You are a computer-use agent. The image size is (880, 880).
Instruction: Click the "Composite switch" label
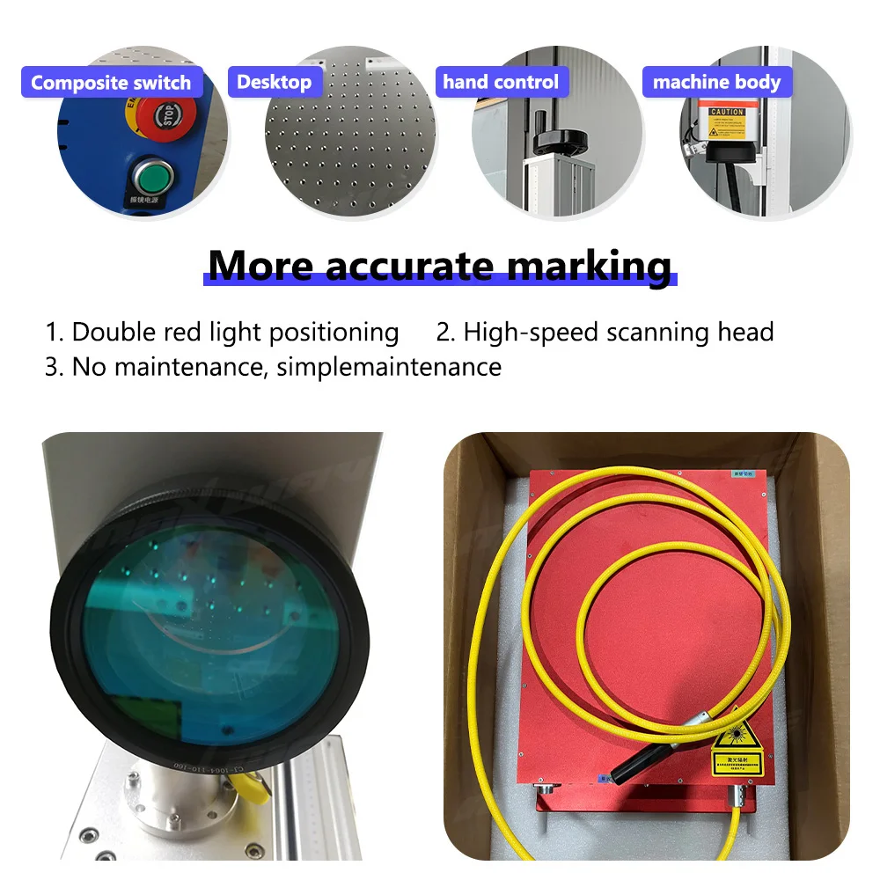pyautogui.click(x=111, y=83)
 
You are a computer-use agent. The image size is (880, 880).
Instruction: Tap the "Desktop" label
pyautogui.click(x=275, y=82)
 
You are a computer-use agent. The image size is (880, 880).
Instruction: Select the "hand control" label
pyautogui.click(x=501, y=82)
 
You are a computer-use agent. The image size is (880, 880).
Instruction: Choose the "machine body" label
pyautogui.click(x=716, y=83)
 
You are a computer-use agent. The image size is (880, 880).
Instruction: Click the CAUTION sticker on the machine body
pyautogui.click(x=727, y=112)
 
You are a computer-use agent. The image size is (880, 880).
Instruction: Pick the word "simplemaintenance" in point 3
pyautogui.click(x=388, y=366)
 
